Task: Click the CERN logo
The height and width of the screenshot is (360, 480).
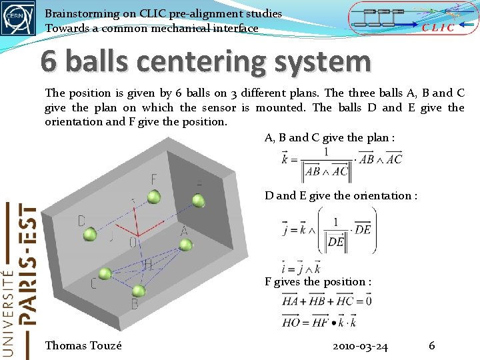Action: pos(18,17)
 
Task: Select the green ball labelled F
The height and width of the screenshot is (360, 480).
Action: pos(154,196)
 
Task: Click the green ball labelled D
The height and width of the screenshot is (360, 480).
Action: pos(90,234)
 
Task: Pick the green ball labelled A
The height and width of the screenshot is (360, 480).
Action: pos(186,244)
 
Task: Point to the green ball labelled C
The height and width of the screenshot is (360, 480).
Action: pos(105,273)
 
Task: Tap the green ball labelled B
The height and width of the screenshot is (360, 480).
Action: pos(138,291)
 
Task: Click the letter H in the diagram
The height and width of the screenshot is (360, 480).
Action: pos(148,265)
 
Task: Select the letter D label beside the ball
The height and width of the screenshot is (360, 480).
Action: pos(81,220)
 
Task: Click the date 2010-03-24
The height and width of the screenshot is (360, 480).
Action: pos(360,346)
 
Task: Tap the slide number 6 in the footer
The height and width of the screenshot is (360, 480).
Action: pos(432,345)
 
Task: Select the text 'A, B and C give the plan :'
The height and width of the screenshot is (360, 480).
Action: pos(329,138)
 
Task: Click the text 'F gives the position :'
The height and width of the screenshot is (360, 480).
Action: pos(318,281)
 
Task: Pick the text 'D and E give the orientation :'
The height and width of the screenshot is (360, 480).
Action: pos(341,195)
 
